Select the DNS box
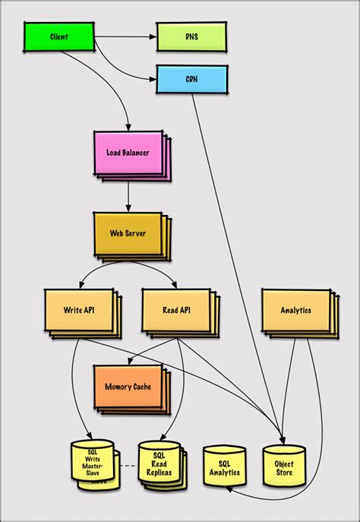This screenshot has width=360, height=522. point(191,36)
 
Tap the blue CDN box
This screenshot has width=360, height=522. point(191,79)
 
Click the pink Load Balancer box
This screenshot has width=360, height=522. point(127,153)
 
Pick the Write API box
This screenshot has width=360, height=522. point(78,310)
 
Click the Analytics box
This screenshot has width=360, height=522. point(295,310)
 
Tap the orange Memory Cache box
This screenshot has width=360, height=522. point(127,386)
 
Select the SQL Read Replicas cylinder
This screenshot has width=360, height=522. point(159,463)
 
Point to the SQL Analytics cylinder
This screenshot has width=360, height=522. point(224,467)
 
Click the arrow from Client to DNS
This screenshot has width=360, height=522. point(125,36)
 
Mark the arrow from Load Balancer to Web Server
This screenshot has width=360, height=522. point(128,196)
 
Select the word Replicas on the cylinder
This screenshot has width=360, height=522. point(159,473)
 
